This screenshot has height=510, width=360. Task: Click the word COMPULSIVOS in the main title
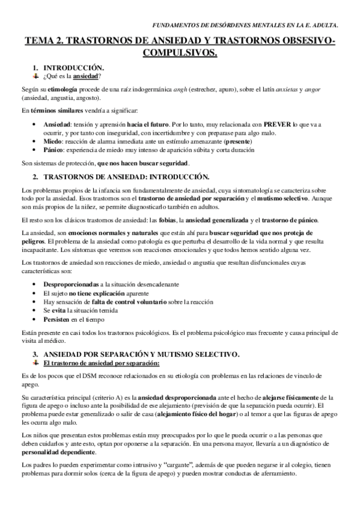pos(180,54)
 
